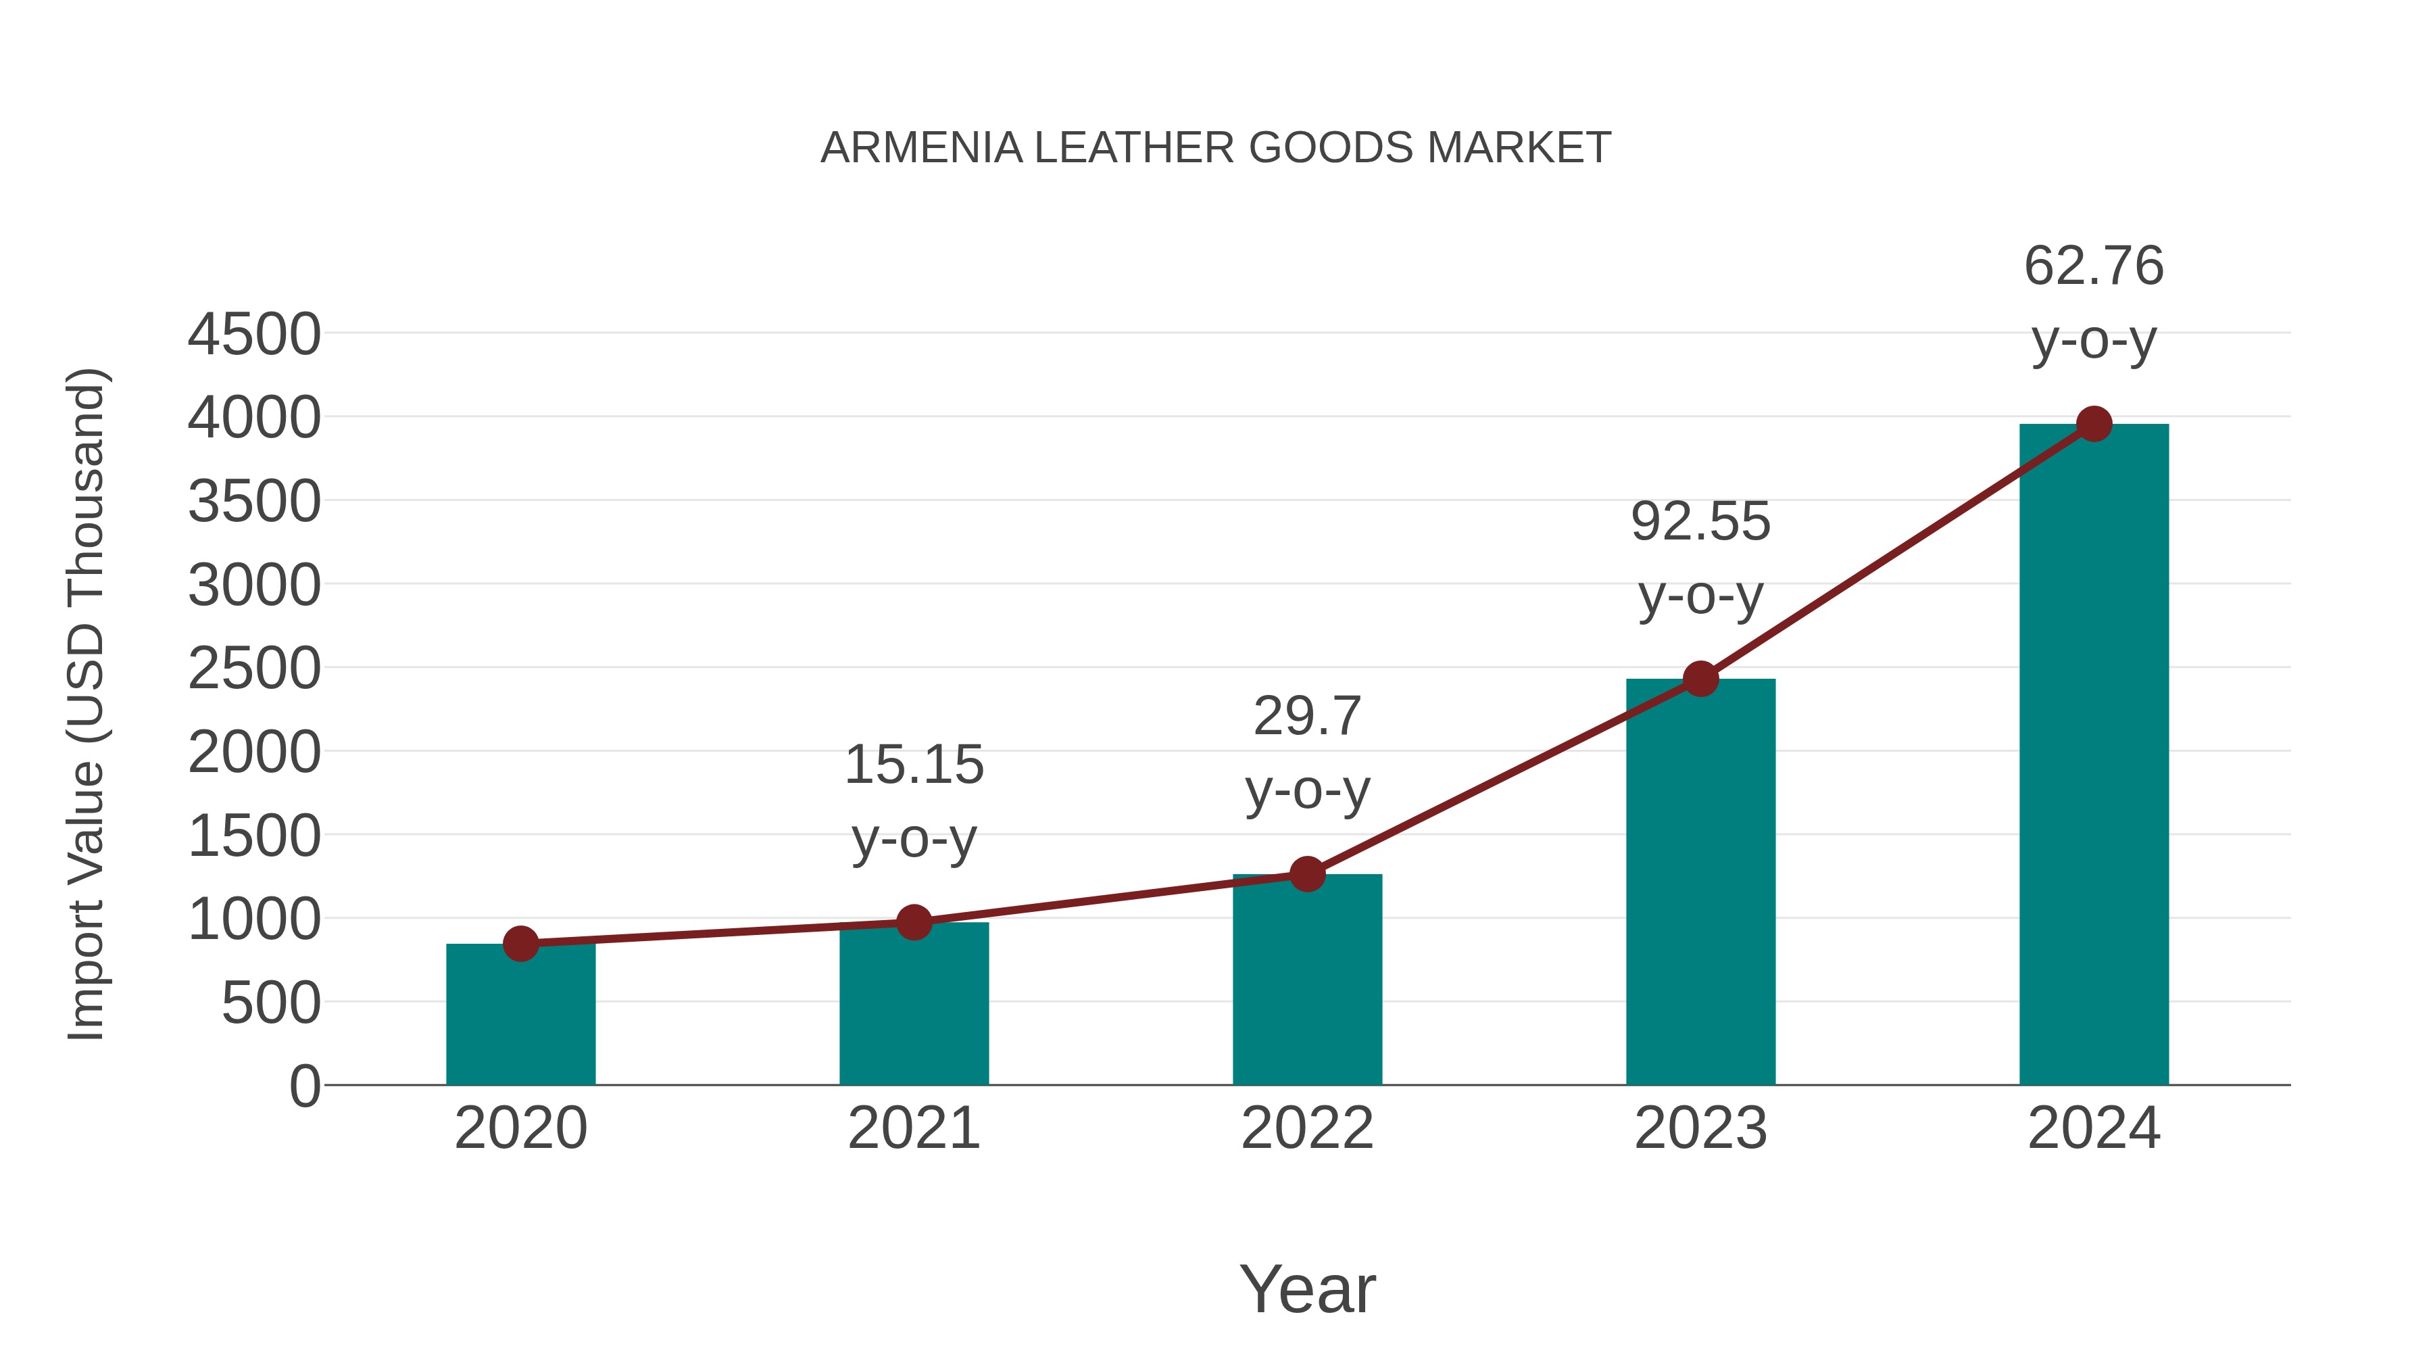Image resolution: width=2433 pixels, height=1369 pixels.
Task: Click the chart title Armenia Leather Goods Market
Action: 1216,148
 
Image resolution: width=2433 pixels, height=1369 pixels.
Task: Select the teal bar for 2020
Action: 520,1015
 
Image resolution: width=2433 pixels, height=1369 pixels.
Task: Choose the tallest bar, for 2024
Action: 2094,755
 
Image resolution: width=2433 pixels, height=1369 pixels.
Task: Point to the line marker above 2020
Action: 520,943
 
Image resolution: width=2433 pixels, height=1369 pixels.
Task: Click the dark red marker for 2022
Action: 1307,874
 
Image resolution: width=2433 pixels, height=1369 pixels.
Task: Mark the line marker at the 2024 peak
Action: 2094,424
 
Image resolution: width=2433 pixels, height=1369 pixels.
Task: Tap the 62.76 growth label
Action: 2094,266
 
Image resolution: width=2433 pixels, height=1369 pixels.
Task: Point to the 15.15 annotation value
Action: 913,765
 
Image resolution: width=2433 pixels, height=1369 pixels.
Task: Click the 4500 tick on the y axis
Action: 254,335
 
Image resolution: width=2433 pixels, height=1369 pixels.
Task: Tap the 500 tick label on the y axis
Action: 271,1003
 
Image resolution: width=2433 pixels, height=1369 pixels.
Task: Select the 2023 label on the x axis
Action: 1700,1128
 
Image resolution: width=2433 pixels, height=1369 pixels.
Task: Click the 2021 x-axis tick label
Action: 913,1128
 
